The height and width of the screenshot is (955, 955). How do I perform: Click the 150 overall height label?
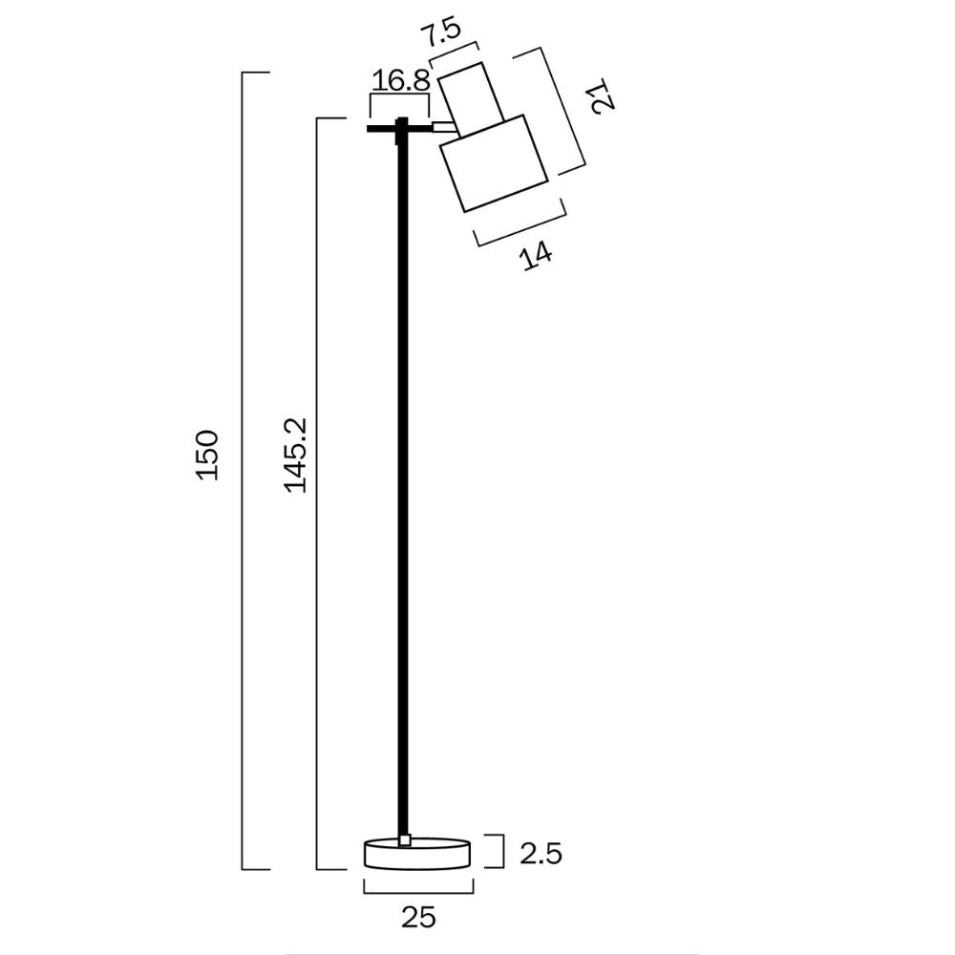click(x=209, y=456)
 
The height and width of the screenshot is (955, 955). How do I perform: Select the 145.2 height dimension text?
click(x=295, y=455)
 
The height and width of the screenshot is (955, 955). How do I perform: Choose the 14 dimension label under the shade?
click(x=537, y=255)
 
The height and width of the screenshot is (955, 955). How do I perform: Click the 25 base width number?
click(x=418, y=918)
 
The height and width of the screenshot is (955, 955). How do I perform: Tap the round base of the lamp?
click(x=417, y=855)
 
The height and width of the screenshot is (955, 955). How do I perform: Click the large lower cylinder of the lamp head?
click(x=493, y=163)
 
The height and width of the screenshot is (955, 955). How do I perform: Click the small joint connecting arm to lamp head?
click(x=443, y=125)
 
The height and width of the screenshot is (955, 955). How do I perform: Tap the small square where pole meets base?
click(x=405, y=840)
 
